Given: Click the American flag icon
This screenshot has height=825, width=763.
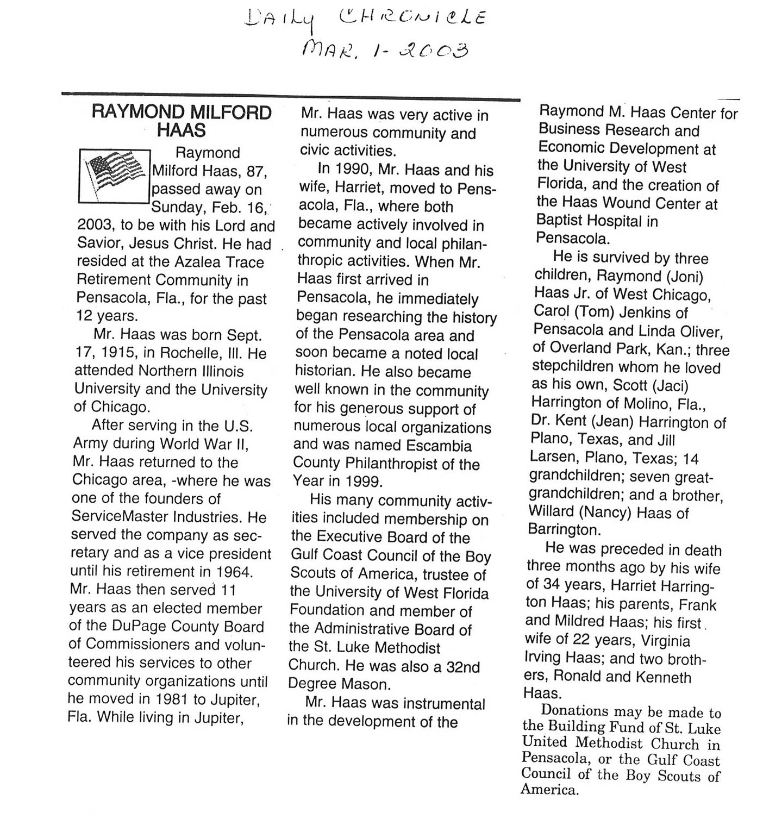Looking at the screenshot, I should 114,176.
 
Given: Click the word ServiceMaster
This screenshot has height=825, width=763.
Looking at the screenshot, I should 121,516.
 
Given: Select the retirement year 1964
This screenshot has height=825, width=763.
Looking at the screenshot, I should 235,571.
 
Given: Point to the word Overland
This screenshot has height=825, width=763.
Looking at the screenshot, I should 579,348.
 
